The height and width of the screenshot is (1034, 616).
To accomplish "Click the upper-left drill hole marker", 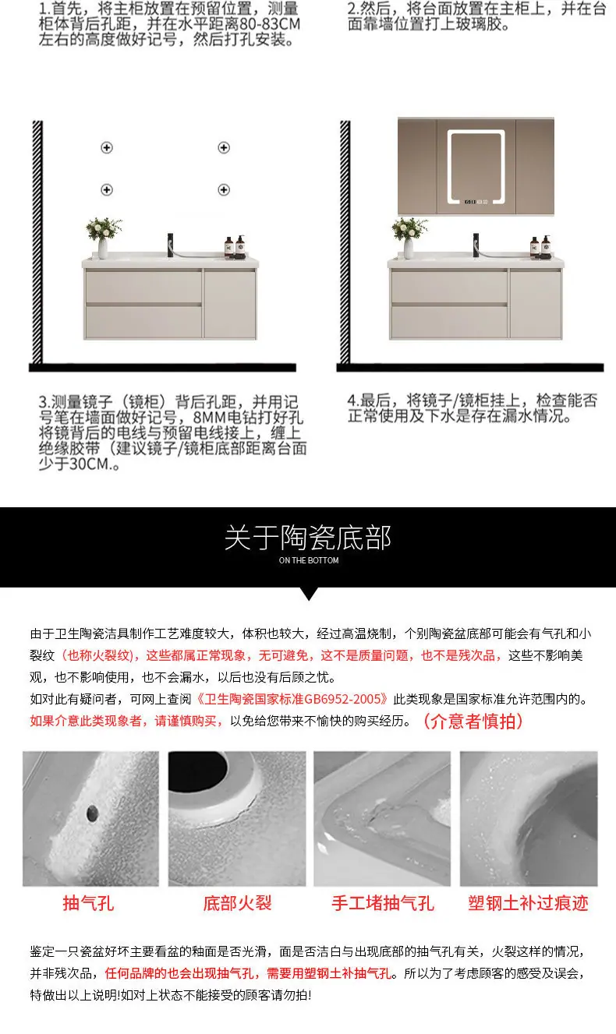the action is point(107,148).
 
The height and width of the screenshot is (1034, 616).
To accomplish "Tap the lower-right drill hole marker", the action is point(224,189).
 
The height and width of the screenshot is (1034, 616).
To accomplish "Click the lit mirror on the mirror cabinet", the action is point(476,167).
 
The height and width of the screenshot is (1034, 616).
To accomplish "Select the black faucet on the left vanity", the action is point(171,245).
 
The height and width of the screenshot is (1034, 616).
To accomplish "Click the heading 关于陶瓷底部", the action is point(308,538).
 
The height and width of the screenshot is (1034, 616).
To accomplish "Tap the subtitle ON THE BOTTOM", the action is point(309,560).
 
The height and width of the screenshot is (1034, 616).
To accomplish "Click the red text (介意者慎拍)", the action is point(473,721).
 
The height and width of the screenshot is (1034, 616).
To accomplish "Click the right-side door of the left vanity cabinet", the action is point(230,304).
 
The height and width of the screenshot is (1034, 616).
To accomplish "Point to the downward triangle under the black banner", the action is point(309,593).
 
